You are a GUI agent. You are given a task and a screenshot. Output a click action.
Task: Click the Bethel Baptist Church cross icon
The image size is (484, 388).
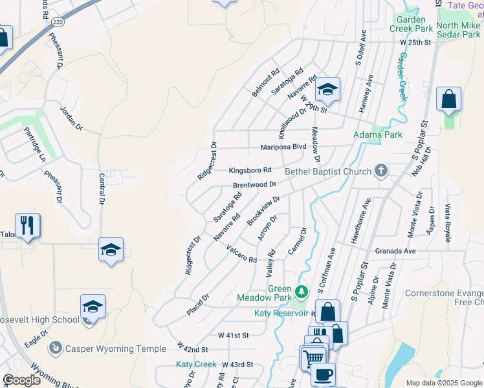click(382, 171)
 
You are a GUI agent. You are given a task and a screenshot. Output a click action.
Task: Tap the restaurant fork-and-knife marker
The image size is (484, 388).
click(28, 226)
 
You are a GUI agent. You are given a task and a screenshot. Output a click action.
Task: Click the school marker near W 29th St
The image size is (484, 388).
click(328, 90)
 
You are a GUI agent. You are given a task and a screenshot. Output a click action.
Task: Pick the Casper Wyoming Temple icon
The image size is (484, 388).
click(56, 349)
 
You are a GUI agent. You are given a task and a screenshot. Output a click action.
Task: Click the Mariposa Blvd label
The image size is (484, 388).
click(283, 147)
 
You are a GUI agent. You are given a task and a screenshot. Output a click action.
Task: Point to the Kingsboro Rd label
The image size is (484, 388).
click(250, 171)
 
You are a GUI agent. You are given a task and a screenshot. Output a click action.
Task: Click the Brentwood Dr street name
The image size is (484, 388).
click(254, 185)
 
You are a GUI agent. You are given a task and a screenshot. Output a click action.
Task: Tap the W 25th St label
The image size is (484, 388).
click(415, 42)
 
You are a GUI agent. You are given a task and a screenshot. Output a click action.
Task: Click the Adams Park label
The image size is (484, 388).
click(377, 135)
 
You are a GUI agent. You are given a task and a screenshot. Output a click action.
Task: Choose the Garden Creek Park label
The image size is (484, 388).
click(410, 24)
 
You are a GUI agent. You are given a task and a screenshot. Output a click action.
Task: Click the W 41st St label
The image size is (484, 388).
click(233, 336)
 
